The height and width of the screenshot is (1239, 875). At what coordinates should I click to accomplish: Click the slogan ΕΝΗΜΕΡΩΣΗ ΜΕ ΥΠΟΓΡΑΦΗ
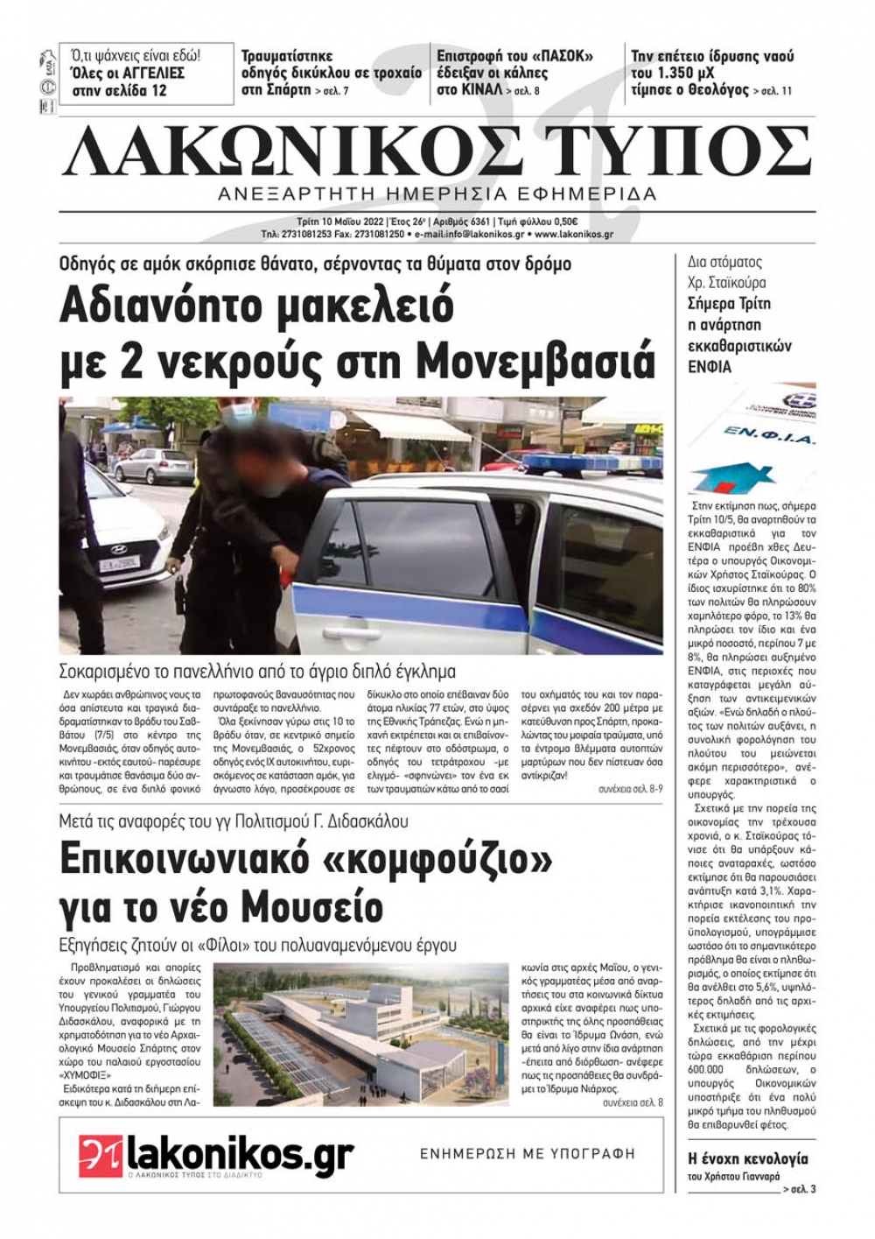coord(528,1154)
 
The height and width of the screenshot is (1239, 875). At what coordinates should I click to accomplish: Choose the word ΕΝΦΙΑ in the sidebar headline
coord(710,367)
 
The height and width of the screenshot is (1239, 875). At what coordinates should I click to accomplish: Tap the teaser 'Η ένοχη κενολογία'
coord(736,1159)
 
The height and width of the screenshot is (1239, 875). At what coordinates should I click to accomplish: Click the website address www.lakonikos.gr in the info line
coord(574,235)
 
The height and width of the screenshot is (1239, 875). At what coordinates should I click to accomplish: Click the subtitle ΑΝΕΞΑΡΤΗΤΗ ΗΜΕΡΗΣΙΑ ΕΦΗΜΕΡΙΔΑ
coord(437,194)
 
